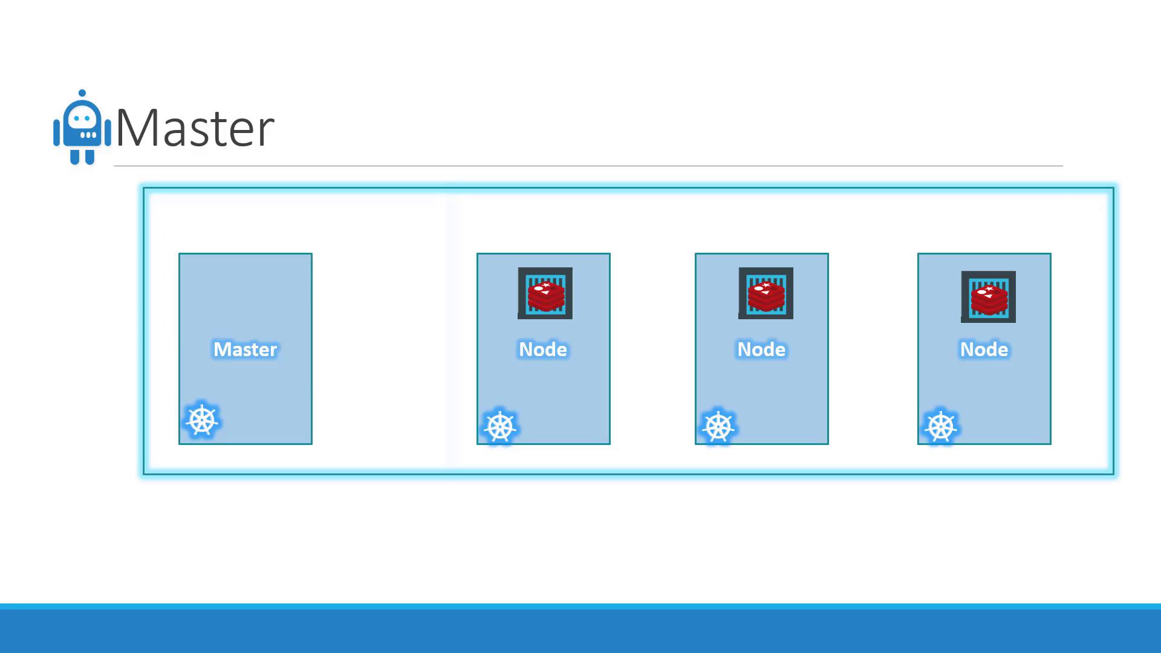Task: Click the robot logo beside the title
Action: coord(82,127)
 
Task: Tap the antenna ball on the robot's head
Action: coord(82,94)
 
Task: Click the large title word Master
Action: coord(195,128)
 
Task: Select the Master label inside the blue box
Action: coord(245,349)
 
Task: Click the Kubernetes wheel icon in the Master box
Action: coord(202,420)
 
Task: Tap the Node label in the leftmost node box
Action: coord(543,349)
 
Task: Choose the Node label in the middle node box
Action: coord(761,349)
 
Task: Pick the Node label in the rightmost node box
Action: coord(984,349)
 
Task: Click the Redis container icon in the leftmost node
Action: coord(545,293)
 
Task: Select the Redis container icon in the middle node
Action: coord(766,293)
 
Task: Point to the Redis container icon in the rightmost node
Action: coord(988,297)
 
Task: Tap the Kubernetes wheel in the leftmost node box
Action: coord(500,427)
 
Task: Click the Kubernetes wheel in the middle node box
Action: coord(718,427)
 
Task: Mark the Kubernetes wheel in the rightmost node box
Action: coord(941,427)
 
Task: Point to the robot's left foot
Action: coord(74,157)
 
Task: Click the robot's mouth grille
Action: coord(88,135)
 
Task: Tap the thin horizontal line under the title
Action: coord(588,166)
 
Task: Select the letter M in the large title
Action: coord(137,128)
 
